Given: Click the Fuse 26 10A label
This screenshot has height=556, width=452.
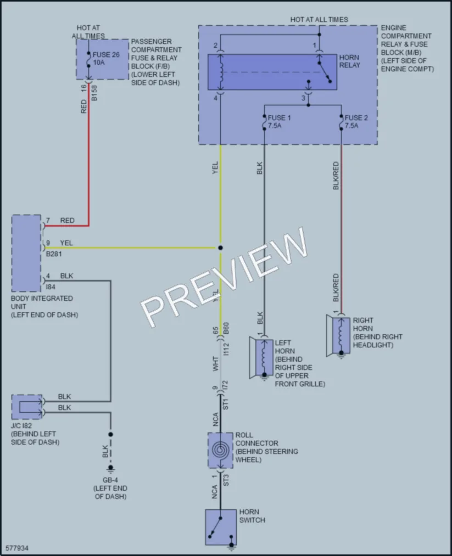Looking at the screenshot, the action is tap(106, 59).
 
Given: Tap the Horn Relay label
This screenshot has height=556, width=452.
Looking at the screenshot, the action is tap(349, 61).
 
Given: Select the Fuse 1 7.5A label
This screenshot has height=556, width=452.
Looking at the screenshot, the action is tap(279, 122).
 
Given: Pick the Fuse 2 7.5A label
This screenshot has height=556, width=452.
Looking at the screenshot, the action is tap(356, 122).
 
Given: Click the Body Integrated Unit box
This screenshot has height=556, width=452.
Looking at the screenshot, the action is tap(26, 253).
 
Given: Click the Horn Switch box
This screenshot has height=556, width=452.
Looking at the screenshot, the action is tap(221, 527).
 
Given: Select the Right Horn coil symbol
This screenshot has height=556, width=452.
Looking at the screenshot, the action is tap(341, 334).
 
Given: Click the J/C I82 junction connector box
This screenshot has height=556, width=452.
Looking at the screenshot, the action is tap(26, 407).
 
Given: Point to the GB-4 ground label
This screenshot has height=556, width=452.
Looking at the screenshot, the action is tap(110, 480).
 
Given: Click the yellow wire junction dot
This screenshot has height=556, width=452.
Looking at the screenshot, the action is tap(220, 248).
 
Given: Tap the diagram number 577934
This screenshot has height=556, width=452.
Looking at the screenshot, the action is tap(17, 548).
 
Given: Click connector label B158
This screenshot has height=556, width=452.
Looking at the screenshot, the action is tap(94, 93).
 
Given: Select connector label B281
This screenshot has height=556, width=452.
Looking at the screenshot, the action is tap(54, 254).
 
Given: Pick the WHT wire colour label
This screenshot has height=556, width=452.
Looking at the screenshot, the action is tap(215, 364).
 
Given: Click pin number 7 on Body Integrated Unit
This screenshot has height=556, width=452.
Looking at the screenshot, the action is tap(48, 221).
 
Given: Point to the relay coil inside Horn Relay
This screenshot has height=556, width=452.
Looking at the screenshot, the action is tap(221, 72).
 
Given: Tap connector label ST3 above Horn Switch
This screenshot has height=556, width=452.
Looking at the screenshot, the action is tap(226, 480).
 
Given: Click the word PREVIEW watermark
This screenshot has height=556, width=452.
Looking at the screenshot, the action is tap(224, 277).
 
